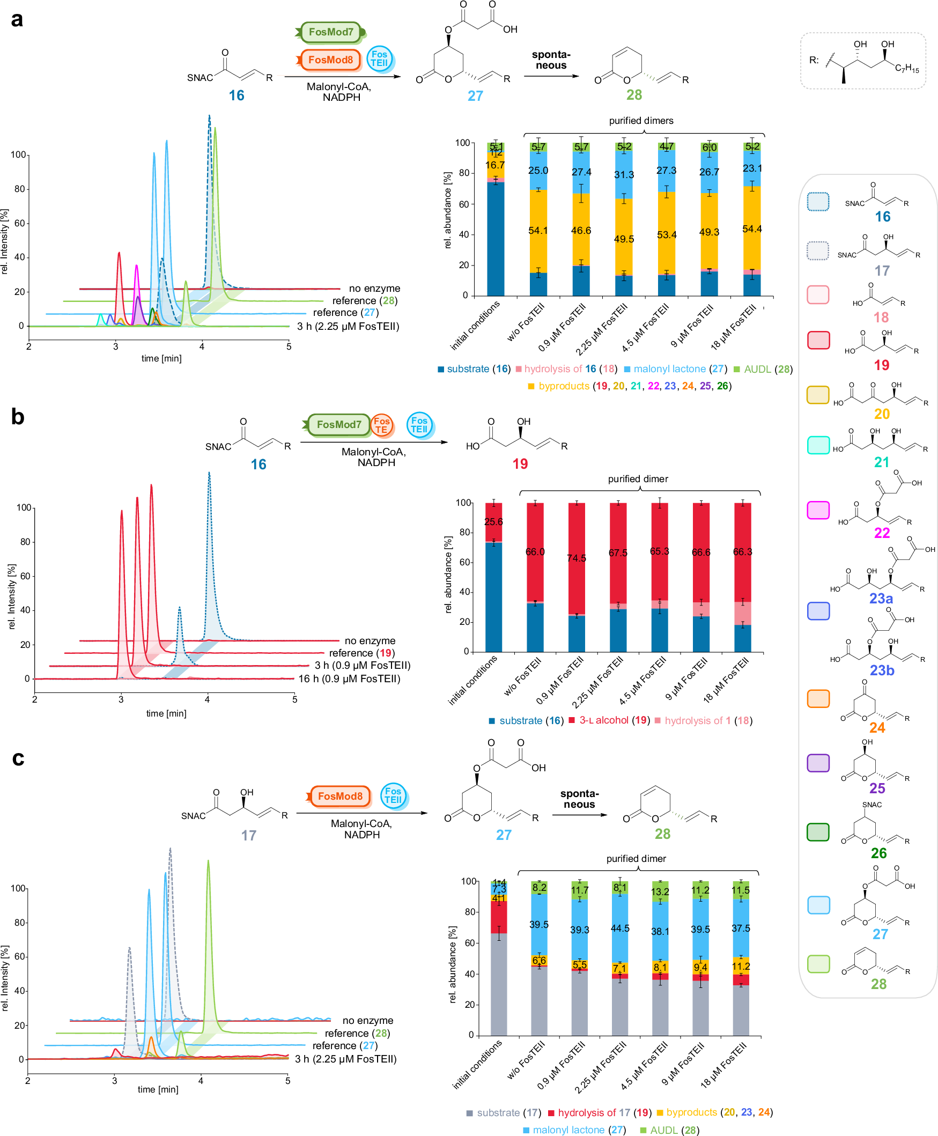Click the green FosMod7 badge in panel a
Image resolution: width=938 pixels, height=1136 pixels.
331,32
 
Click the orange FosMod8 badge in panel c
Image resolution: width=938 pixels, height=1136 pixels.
340,796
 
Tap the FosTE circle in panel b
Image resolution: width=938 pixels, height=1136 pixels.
381,425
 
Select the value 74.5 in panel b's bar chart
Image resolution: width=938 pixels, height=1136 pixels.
576,558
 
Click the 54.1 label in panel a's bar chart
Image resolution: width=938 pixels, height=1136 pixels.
537,230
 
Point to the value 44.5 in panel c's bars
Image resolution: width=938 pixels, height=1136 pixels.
620,928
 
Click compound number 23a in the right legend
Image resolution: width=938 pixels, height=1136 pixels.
881,598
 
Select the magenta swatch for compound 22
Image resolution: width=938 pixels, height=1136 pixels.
817,510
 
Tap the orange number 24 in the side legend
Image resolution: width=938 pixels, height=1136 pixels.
876,727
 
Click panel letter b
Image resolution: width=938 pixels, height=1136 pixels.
17,417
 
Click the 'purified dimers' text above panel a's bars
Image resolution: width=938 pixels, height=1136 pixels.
641,121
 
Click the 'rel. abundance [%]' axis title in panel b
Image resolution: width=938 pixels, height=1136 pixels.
448,574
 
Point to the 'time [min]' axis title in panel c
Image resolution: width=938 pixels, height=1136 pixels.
158,1089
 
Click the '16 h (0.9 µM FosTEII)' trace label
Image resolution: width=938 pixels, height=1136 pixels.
349,679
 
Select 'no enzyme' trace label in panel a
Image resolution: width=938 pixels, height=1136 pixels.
374,289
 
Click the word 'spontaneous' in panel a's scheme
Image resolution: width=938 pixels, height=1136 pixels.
551,60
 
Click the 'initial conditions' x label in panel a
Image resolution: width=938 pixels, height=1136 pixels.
476,326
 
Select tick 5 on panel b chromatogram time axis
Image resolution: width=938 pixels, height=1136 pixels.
294,699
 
